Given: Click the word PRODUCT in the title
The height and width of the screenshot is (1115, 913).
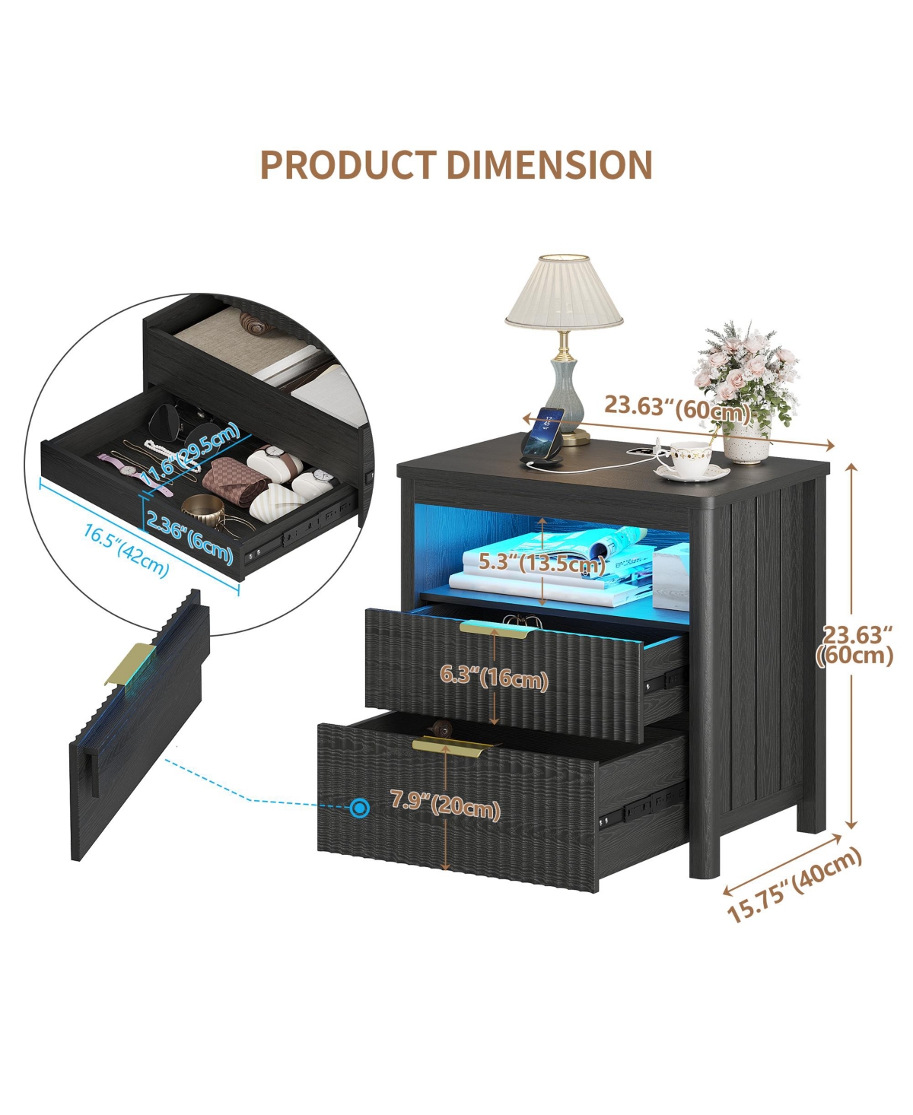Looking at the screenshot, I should coord(348,164).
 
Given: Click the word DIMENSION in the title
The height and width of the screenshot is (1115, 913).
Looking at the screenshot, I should coord(549,164).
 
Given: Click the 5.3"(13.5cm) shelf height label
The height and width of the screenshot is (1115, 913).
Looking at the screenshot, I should coord(542,563).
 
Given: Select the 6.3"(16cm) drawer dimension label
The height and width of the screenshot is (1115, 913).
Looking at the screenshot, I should coord(494,676).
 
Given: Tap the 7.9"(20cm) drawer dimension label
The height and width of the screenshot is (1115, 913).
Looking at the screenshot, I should coord(445,804).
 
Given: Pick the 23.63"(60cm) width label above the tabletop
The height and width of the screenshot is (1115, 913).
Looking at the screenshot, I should coord(677,408).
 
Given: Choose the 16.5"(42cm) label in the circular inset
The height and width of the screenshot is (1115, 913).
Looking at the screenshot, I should coord(126,550).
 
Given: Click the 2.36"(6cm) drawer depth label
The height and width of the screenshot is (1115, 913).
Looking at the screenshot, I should coord(189,535).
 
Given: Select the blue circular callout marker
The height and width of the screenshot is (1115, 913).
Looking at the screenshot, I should coord(359,807).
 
